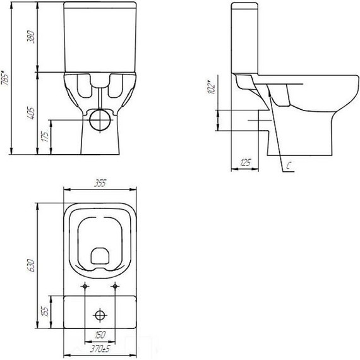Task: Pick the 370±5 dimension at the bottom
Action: [x=100, y=347]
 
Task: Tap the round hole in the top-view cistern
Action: [x=100, y=314]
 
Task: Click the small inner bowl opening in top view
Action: [x=100, y=255]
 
